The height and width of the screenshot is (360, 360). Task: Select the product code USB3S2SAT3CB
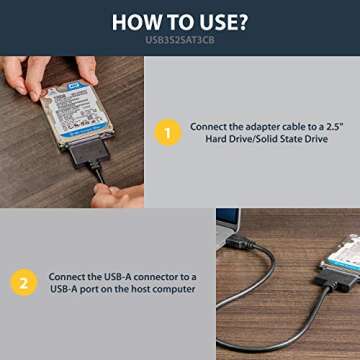(180, 42)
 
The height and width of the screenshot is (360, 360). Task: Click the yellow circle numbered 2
(23, 283)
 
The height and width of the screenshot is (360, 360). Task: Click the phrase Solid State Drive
(291, 138)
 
